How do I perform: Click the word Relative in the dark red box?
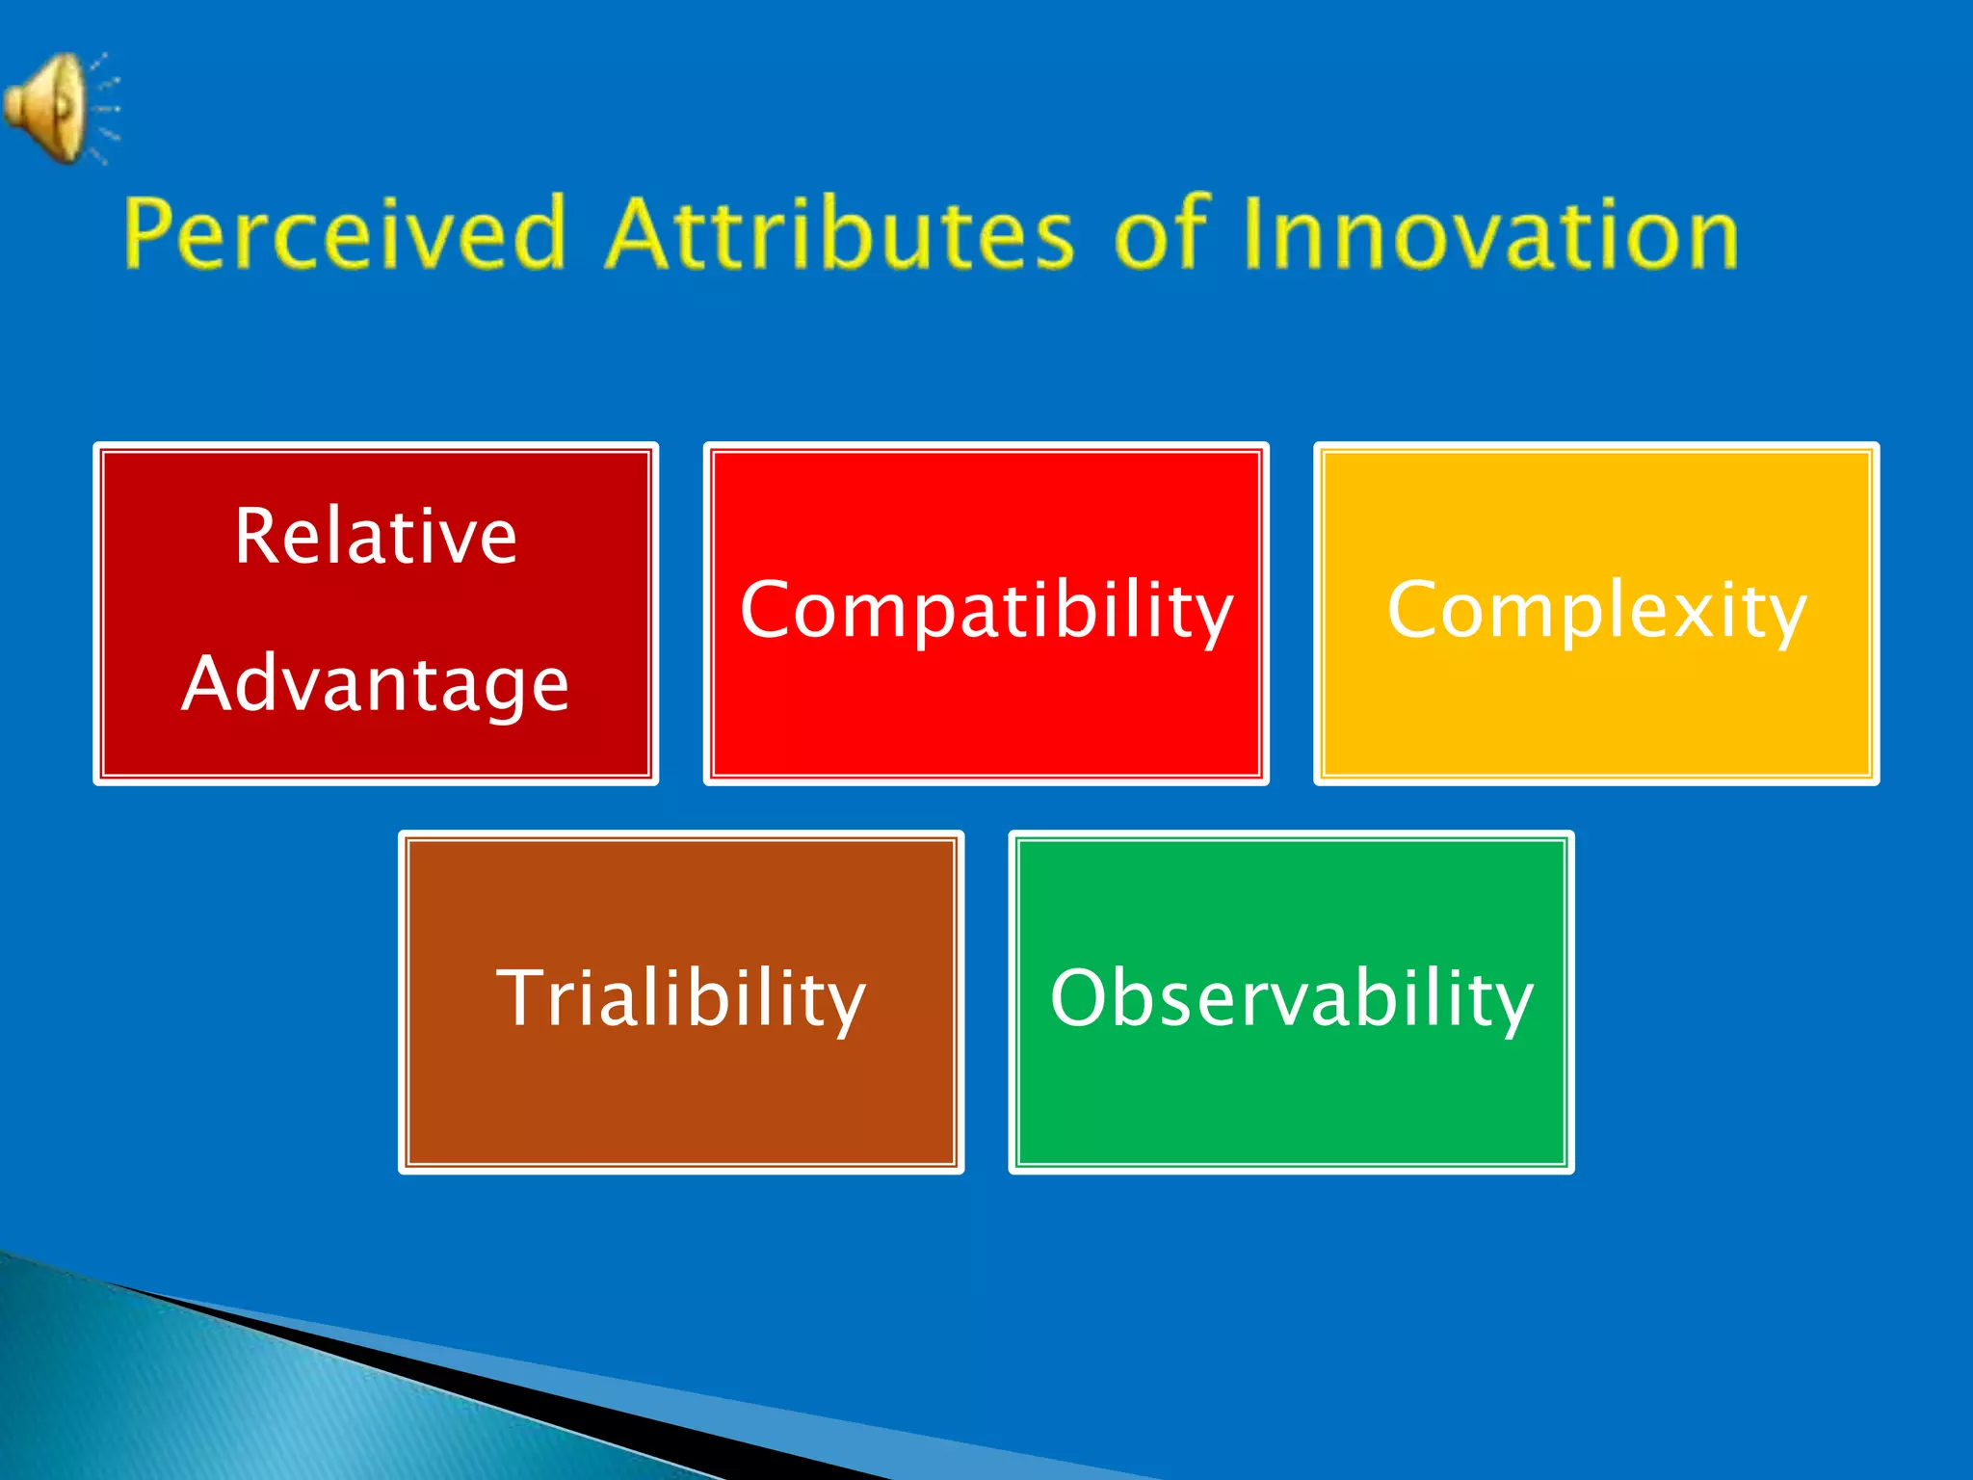pos(376,537)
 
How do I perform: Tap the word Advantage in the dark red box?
pos(376,685)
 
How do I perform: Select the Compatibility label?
pos(986,611)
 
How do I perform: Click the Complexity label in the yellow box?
pos(1596,611)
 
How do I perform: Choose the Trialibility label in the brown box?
pos(681,999)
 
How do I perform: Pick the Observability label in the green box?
pos(1291,999)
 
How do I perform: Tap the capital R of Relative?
pos(258,536)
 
